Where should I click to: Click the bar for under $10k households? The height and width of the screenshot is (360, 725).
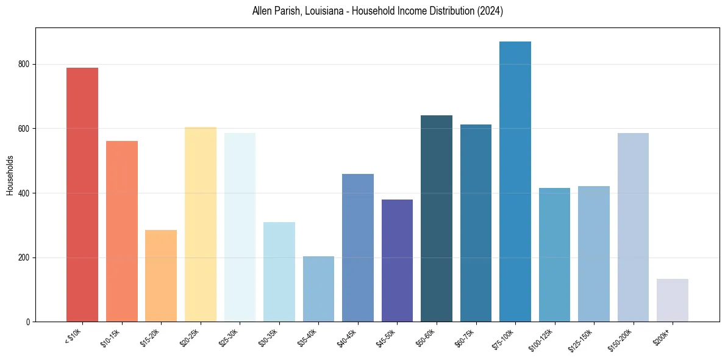(x=82, y=195)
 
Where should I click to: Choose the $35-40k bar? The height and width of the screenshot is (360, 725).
(x=318, y=289)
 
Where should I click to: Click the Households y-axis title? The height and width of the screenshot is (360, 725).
(x=10, y=175)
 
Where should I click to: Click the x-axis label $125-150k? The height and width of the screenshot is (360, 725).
(x=580, y=339)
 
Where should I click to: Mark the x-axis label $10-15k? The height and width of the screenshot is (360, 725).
(x=110, y=337)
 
